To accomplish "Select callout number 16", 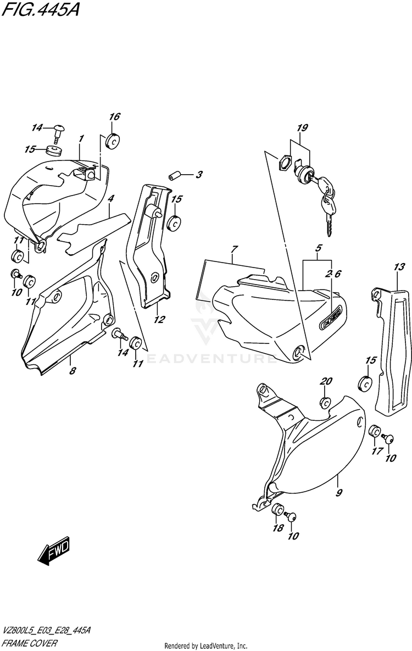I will pos(114,116).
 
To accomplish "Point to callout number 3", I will pos(199,175).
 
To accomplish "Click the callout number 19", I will pos(302,129).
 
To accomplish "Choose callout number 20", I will pos(327,382).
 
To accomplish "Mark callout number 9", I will pos(339,493).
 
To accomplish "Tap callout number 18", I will pos(278,528).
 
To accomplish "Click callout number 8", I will pos(72,371).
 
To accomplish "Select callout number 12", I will pos(159,319).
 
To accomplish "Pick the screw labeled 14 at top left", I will pos(58,131).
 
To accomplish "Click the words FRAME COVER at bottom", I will pos(30,642).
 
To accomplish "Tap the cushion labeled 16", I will pos(113,141).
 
